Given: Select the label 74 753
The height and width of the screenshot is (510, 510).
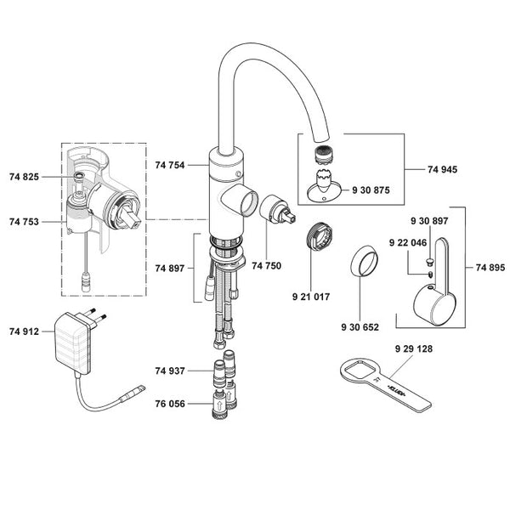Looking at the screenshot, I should (25, 221).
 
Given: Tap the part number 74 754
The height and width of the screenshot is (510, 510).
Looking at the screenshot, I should (171, 165).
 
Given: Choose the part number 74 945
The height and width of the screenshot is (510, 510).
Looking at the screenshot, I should (443, 170).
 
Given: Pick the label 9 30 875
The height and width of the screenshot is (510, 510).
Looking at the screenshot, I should (371, 190).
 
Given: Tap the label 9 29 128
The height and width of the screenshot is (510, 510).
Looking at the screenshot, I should (414, 349).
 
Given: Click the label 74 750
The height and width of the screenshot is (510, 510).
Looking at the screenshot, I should (266, 267).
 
